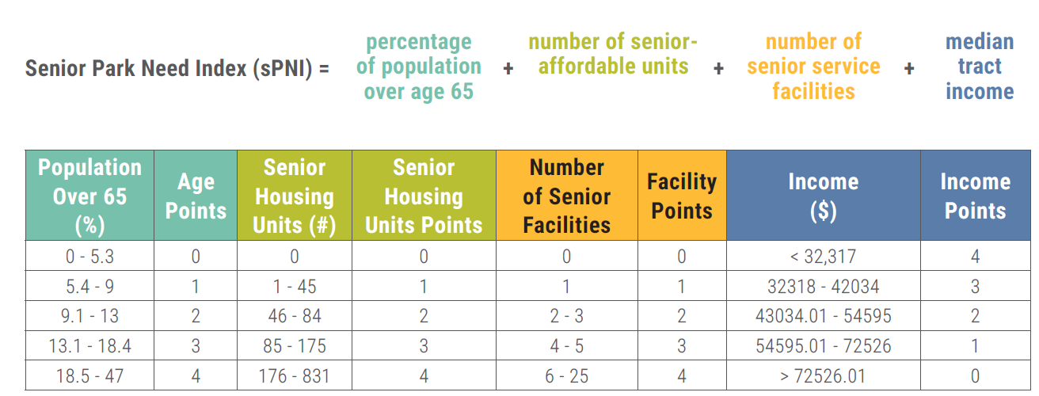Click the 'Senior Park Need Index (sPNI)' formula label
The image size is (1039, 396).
169,69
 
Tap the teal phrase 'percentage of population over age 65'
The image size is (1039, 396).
418,67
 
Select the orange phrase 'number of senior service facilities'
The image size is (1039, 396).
813,67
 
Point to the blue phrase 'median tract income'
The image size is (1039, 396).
980,67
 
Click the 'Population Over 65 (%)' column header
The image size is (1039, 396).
89,196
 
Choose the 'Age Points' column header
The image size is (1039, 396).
196,196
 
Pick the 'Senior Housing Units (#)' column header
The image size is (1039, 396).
294,196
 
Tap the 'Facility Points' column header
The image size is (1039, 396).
681,196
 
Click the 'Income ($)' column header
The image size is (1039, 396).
824,196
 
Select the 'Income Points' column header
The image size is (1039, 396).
975,196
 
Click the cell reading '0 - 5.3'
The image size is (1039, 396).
89,256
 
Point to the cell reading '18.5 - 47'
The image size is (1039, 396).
89,375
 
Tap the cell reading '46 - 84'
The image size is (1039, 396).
294,316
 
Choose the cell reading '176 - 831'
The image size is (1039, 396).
294,375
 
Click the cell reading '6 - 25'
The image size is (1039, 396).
566,375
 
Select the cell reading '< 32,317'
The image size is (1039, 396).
824,256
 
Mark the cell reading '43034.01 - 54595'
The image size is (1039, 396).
824,316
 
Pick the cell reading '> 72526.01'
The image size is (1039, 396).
824,375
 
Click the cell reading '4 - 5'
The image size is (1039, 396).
566,346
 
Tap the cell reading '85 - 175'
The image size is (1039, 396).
294,346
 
